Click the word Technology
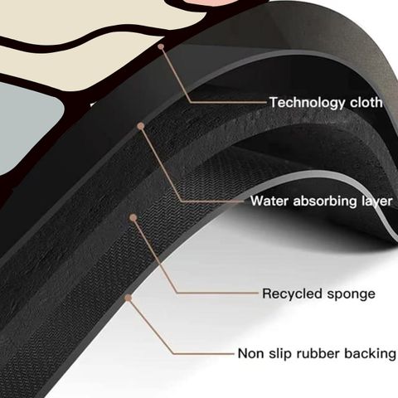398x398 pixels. (x=307, y=103)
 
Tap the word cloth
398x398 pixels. (x=366, y=102)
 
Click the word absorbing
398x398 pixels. (x=325, y=201)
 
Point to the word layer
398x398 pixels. (x=377, y=201)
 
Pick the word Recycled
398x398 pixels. (x=293, y=294)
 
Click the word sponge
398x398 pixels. (x=352, y=294)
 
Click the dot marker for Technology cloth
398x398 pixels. (x=161, y=46)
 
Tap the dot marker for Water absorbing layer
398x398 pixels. (x=141, y=126)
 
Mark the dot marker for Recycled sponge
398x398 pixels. (x=133, y=218)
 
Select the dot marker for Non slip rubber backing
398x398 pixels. (x=128, y=298)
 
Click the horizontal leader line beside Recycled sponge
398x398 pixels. (x=218, y=293)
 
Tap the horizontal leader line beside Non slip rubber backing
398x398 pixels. (x=204, y=353)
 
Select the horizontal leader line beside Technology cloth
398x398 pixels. (x=229, y=102)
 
